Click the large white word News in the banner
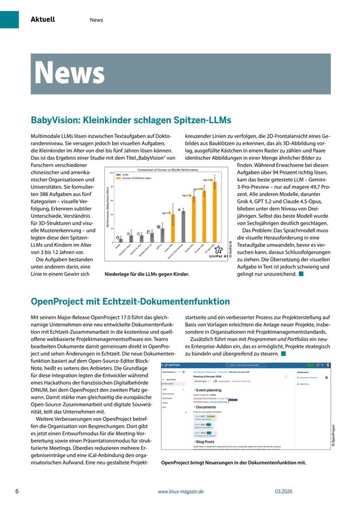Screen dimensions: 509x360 click(x=69, y=72)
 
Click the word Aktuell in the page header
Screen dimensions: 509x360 click(x=43, y=19)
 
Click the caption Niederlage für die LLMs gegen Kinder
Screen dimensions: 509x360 click(x=146, y=273)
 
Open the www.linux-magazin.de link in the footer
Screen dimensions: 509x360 click(x=180, y=492)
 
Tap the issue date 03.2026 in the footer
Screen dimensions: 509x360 click(x=285, y=492)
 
